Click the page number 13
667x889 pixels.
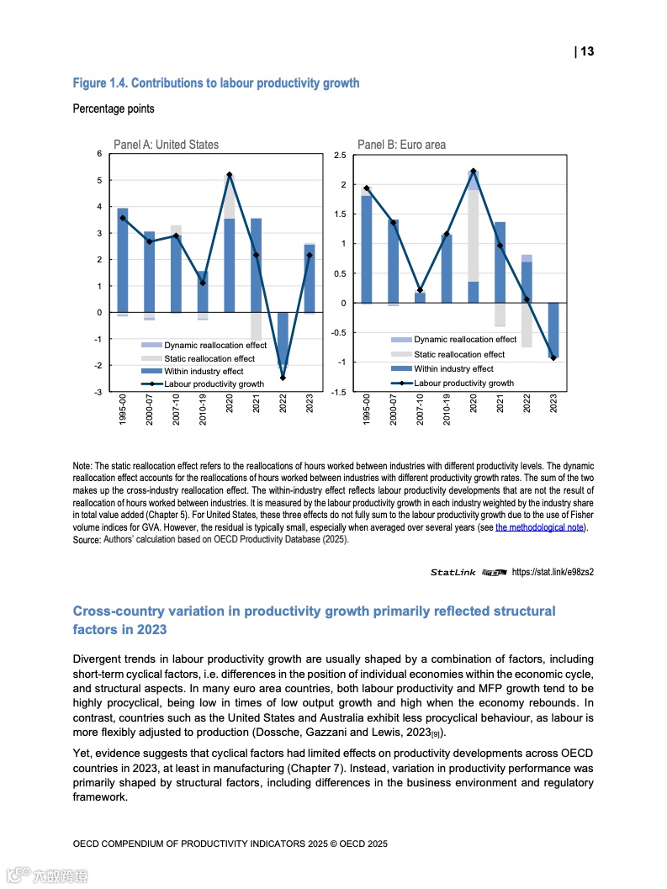586,51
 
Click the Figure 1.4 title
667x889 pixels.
216,83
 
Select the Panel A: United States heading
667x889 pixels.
166,145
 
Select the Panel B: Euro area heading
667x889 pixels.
401,145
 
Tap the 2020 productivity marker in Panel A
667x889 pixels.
229,174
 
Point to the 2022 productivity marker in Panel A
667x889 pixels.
283,378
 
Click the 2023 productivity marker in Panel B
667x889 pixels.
553,358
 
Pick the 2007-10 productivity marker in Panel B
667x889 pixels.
420,290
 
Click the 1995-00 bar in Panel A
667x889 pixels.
123,261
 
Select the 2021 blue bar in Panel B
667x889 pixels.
500,262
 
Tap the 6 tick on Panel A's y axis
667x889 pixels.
98,154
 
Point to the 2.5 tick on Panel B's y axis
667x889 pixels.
340,156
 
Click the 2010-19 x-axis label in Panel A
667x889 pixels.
203,411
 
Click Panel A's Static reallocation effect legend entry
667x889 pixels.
209,358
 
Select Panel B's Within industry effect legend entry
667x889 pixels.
453,368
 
